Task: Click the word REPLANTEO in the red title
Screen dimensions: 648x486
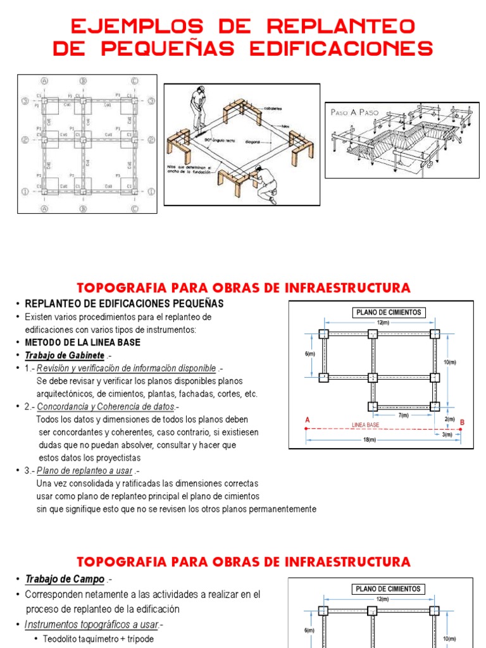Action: tap(342, 26)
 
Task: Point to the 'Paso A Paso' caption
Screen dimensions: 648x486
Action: tap(355, 112)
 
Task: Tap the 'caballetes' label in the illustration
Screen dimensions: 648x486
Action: tap(273, 108)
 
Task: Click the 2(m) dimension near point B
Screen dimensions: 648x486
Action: tap(449, 420)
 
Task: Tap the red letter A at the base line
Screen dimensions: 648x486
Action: tap(308, 420)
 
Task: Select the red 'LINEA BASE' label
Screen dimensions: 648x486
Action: tap(365, 425)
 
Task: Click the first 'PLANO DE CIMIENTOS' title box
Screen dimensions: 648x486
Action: tap(389, 312)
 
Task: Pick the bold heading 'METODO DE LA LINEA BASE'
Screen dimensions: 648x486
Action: tap(83, 342)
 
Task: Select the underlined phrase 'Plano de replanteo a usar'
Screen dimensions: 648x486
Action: tap(85, 470)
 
